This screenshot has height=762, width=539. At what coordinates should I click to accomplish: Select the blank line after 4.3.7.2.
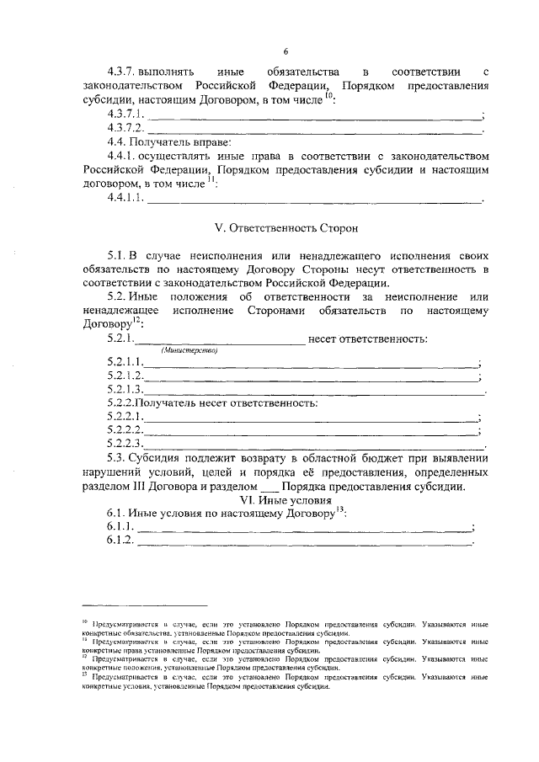[314, 131]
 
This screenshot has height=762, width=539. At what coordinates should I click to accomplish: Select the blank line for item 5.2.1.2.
[311, 376]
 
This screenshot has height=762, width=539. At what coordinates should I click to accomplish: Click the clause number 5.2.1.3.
[125, 390]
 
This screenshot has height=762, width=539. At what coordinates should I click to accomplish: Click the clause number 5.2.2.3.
[125, 443]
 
